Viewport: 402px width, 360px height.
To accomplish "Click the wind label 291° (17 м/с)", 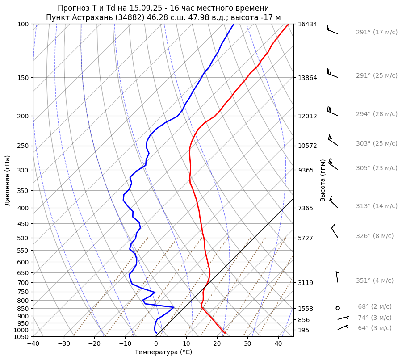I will click(377, 33).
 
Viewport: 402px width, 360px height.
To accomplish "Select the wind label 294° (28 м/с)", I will click(377, 114).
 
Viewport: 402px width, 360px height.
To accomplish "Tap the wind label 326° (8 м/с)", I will click(375, 236).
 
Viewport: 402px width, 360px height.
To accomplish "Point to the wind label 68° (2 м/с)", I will click(375, 306).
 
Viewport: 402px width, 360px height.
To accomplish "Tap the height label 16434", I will click(307, 24).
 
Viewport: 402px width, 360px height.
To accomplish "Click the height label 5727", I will click(307, 238).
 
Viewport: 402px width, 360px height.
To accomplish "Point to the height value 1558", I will click(307, 309).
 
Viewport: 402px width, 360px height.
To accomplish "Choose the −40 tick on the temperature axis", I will click(33, 344).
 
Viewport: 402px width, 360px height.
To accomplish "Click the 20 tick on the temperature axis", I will click(217, 344).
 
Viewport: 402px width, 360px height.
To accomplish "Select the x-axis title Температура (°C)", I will click(163, 352).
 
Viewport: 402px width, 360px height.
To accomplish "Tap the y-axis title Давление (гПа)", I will click(7, 180).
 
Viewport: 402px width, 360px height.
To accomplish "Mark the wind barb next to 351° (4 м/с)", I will click(337, 276).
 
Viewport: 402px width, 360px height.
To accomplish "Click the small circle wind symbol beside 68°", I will click(338, 308).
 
